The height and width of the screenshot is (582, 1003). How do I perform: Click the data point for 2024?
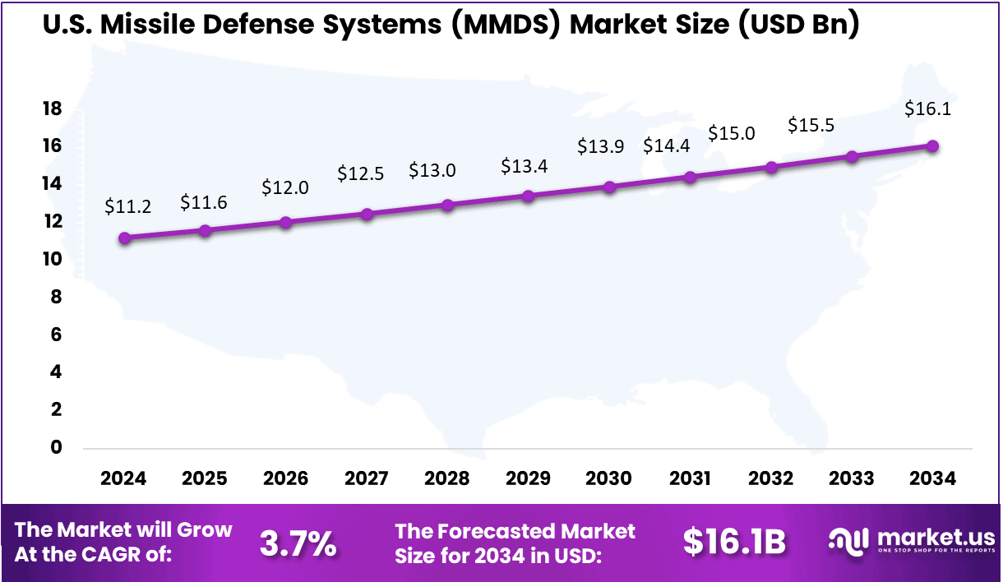point(124,238)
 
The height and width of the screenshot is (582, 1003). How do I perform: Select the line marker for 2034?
point(933,146)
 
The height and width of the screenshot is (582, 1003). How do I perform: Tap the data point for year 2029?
point(529,196)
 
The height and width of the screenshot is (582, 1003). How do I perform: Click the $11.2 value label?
point(127,206)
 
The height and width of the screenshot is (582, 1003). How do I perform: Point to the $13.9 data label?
point(600,146)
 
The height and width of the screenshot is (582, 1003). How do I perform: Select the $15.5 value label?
point(811,125)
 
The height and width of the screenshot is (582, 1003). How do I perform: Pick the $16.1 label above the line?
point(927,108)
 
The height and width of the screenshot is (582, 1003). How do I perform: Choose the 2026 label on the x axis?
point(285,478)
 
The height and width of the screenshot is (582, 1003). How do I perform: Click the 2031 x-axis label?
point(691,478)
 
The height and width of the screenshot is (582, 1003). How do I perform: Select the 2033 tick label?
point(853,478)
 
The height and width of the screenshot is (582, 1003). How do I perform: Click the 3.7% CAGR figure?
point(298,543)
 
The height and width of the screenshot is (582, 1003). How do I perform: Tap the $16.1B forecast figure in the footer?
point(734,543)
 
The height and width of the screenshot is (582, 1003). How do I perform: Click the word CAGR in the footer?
point(132,555)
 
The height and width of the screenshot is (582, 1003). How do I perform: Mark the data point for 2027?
point(367,215)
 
